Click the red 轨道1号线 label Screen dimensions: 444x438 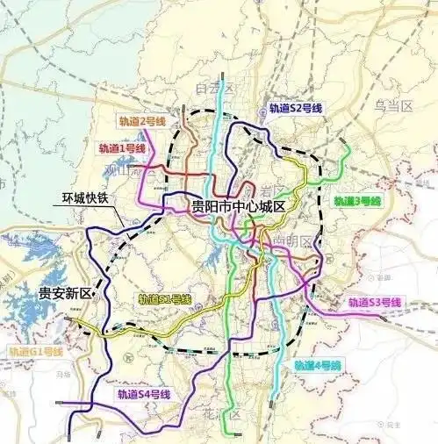click(122, 149)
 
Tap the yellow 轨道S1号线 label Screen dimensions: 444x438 click(164, 300)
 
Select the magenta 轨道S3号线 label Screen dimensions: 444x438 click(374, 303)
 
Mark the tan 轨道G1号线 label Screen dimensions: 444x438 click(36, 352)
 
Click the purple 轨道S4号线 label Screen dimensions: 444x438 click(143, 396)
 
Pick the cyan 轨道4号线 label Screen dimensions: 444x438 click(318, 364)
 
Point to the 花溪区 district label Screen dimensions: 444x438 click(228, 414)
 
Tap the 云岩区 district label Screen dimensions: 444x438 click(265, 191)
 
